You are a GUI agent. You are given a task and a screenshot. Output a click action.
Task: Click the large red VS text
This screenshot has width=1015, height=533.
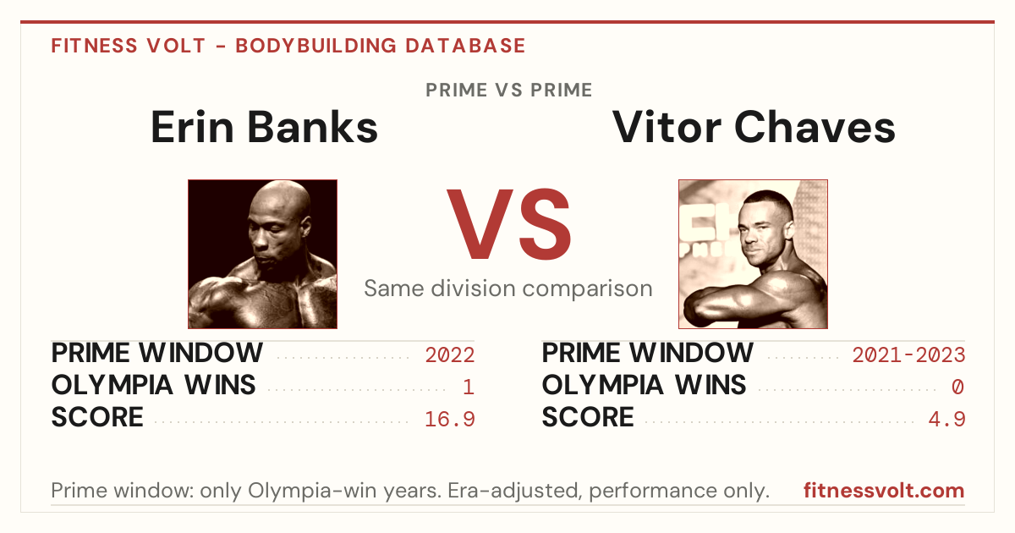coord(509,224)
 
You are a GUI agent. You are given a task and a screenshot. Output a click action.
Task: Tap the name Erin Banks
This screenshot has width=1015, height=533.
coord(264,128)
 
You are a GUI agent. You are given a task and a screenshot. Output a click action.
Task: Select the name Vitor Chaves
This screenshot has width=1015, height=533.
coord(754,128)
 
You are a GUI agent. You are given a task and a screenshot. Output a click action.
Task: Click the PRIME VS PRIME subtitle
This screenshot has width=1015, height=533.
coord(509,90)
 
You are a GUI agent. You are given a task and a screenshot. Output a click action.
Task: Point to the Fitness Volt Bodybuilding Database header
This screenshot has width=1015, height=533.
coord(288,46)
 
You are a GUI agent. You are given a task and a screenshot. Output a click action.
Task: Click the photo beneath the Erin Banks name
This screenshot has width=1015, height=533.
coord(262,254)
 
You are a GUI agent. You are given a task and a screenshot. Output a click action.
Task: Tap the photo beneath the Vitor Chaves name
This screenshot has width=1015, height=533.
coord(753,254)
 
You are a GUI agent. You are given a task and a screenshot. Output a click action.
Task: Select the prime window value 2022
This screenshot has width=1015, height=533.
coord(449,354)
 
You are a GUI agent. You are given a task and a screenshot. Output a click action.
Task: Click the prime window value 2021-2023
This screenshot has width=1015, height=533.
coord(908,354)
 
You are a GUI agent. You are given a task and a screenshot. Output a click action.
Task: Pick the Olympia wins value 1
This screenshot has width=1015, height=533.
coord(469,387)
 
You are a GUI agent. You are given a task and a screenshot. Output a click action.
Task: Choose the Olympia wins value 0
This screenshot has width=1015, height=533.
coord(957,387)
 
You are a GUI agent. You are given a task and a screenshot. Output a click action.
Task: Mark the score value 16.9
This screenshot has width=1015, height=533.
coord(449,420)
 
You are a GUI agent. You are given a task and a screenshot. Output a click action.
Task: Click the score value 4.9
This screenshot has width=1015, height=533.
coord(946,420)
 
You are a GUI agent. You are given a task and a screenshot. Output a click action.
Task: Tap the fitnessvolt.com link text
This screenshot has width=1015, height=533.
coord(884,491)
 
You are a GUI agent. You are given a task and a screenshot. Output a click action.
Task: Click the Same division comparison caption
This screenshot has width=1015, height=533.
coord(508,288)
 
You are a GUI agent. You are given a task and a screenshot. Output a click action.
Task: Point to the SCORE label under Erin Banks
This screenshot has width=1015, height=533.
coord(97,417)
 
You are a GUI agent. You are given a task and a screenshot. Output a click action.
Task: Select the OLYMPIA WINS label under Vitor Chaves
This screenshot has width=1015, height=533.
coord(644,385)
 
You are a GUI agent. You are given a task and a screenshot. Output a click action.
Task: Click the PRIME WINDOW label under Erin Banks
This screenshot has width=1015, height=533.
coord(156,353)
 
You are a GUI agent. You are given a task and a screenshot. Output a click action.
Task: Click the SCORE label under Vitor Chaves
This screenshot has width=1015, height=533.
coord(588,417)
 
